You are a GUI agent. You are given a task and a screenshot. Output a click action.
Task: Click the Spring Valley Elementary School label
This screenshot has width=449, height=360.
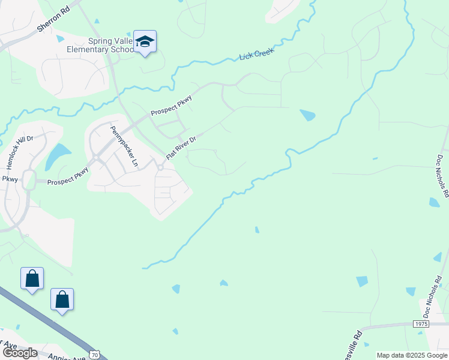click(111, 45)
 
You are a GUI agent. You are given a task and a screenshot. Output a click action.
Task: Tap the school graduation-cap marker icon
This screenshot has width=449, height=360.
click(145, 41)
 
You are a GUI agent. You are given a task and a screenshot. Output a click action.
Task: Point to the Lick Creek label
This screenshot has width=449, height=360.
click(256, 53)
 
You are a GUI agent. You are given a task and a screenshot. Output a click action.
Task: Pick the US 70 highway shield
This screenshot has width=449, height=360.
click(95, 355)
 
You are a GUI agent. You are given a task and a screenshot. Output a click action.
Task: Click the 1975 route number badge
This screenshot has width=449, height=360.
click(421, 324)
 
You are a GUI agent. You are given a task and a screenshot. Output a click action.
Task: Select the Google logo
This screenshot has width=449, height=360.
click(19, 353)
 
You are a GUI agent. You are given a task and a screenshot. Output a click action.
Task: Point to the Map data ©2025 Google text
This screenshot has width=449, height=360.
click(411, 355)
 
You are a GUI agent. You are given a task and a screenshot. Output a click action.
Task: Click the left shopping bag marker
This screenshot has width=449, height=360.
click(32, 278)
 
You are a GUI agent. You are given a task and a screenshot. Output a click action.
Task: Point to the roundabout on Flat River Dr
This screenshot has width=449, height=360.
click(160, 169)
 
